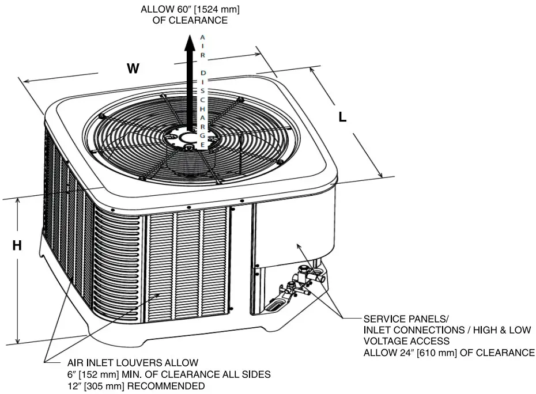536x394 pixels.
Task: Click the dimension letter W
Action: click(133, 69)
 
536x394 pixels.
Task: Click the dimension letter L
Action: click(342, 118)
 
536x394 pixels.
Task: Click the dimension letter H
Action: click(17, 246)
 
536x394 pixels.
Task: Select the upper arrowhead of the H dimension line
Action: click(18, 202)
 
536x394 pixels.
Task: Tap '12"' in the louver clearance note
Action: click(74, 386)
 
